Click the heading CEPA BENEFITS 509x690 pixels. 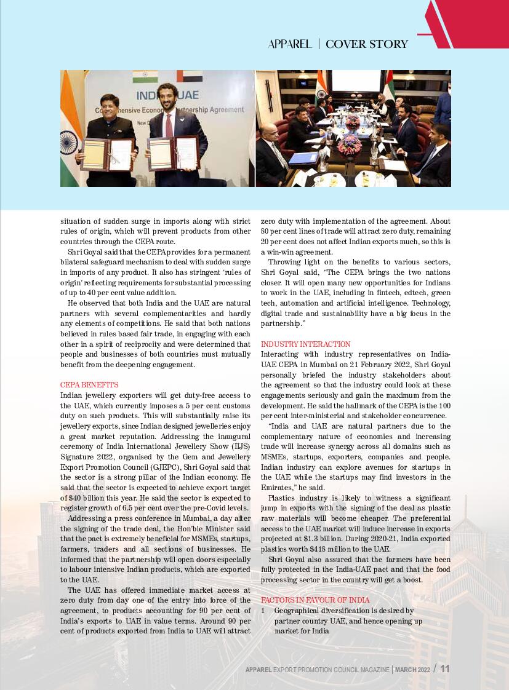(x=89, y=385)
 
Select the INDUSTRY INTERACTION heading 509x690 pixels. (x=306, y=344)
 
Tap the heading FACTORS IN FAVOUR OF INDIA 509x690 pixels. (x=315, y=600)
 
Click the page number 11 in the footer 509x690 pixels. (x=445, y=668)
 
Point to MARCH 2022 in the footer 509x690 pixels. (x=412, y=669)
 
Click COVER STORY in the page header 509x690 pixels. (x=367, y=44)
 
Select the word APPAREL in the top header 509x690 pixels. (x=290, y=44)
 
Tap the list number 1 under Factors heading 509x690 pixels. (x=263, y=611)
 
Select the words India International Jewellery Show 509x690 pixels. (x=165, y=446)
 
